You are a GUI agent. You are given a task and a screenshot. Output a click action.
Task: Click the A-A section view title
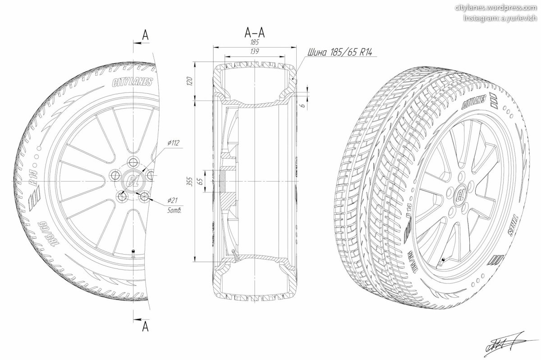point(255,32)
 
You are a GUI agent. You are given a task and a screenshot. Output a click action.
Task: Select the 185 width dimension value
point(255,42)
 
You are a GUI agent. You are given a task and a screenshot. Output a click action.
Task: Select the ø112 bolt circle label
point(173,143)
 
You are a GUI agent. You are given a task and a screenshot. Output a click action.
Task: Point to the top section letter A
point(145,34)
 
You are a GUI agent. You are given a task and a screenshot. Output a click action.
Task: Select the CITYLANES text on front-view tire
point(132,82)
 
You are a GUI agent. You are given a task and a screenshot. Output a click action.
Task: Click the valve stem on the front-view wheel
point(133,253)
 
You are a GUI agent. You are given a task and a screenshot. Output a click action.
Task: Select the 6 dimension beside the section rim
point(304,105)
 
